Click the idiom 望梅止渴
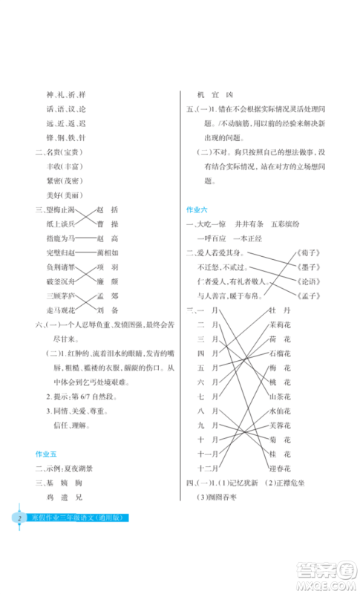pyautogui.click(x=59, y=210)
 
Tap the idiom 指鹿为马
pyautogui.click(x=59, y=238)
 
